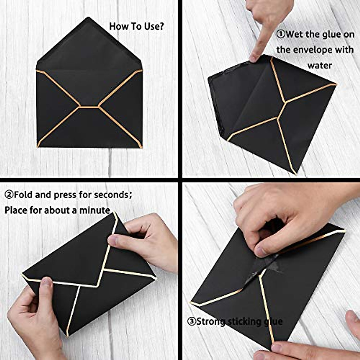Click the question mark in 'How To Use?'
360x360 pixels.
[161, 26]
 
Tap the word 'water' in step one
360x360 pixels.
[319, 65]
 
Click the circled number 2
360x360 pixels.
[9, 195]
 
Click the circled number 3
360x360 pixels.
[192, 322]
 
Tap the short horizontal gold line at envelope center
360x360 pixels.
[89, 106]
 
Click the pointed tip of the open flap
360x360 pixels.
[88, 18]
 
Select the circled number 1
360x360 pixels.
[280, 34]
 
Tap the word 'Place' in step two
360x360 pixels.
[16, 210]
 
